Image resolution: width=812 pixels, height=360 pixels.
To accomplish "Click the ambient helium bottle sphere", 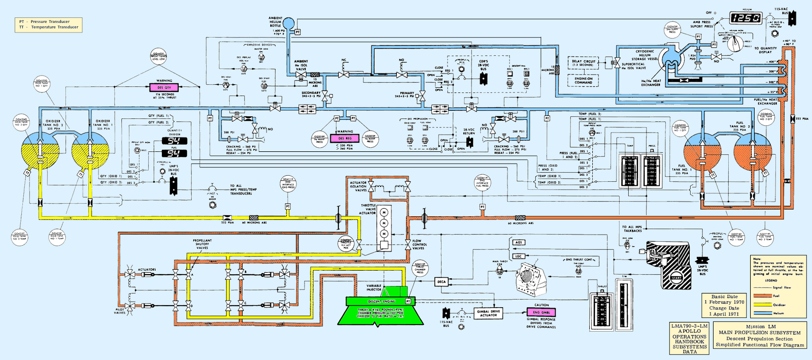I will click(x=288, y=23).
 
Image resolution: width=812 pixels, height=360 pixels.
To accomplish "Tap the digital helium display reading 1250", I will click(x=746, y=18).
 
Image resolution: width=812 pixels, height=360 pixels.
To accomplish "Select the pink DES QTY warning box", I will click(x=164, y=88).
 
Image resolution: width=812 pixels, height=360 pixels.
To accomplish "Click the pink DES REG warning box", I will click(x=345, y=138).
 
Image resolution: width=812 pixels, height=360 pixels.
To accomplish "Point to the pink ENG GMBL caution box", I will click(x=542, y=312).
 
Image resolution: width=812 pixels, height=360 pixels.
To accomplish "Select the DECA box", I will click(x=442, y=282).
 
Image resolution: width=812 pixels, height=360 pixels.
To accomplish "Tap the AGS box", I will click(x=519, y=243).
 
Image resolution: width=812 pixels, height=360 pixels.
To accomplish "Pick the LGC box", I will click(x=519, y=256).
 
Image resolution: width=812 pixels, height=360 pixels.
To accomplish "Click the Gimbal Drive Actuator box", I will click(x=488, y=313).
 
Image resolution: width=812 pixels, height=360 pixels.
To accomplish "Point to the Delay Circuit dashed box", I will click(x=583, y=63).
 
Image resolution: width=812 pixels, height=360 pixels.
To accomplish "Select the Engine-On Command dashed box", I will click(x=583, y=80).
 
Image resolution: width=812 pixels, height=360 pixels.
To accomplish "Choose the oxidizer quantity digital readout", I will click(x=174, y=141).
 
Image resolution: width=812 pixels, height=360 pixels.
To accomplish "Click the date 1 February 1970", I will click(x=724, y=302).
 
